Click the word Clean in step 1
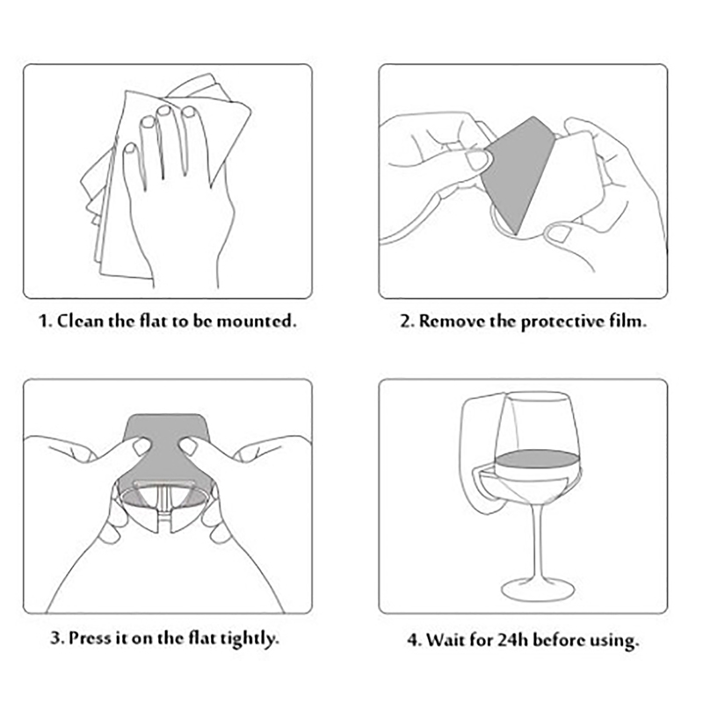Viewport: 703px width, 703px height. coord(81,321)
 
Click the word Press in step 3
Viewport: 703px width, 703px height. coord(90,638)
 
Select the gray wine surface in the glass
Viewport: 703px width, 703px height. coord(537,459)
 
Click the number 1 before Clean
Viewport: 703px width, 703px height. coord(43,322)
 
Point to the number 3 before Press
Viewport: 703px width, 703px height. coord(56,638)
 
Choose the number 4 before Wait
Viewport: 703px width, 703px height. coord(412,641)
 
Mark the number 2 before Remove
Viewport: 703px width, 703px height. coord(406,322)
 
